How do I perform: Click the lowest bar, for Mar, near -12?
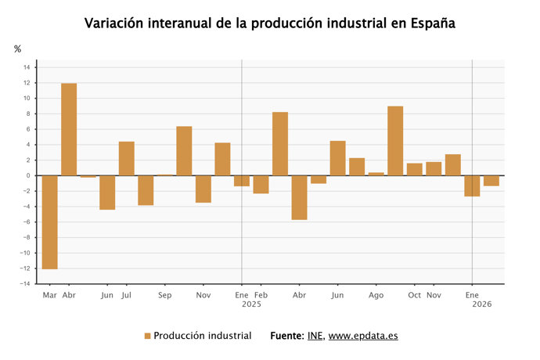click(x=49, y=222)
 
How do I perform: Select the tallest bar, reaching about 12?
click(x=69, y=129)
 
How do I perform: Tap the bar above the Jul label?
click(x=127, y=158)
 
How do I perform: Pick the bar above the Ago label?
click(x=376, y=174)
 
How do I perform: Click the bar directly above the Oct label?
click(x=415, y=169)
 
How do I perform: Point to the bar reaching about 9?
click(x=395, y=141)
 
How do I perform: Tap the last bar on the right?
click(x=491, y=181)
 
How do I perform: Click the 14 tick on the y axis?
click(x=27, y=67)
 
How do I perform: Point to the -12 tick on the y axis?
click(x=25, y=268)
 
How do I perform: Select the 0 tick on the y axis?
click(x=27, y=175)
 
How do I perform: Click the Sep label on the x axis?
click(x=165, y=296)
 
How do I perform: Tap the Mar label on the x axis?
click(x=49, y=296)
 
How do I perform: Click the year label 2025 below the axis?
click(x=250, y=304)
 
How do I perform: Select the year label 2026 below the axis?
click(x=481, y=304)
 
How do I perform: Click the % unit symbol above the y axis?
click(x=18, y=49)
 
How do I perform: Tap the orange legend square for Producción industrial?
click(x=147, y=336)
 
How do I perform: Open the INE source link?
click(x=314, y=336)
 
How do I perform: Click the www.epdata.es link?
click(x=363, y=336)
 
